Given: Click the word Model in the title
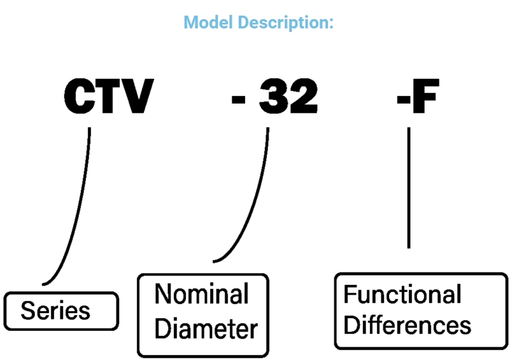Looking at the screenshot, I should [x=208, y=23].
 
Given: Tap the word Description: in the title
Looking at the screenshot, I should [x=286, y=23].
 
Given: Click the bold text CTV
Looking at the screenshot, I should [x=108, y=97].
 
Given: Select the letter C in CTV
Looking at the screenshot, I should [x=80, y=97].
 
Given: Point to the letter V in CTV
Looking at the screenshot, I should [x=136, y=97].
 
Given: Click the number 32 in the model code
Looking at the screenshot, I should [x=288, y=97].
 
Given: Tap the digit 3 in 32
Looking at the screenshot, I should [x=273, y=97].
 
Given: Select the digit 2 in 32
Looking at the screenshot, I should [x=303, y=97].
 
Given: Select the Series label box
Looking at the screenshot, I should [x=61, y=310].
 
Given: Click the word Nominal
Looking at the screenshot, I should [x=202, y=294].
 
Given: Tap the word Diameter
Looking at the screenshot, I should [x=205, y=328].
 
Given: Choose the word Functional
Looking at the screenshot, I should [x=402, y=294].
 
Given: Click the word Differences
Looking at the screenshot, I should [x=407, y=326].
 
